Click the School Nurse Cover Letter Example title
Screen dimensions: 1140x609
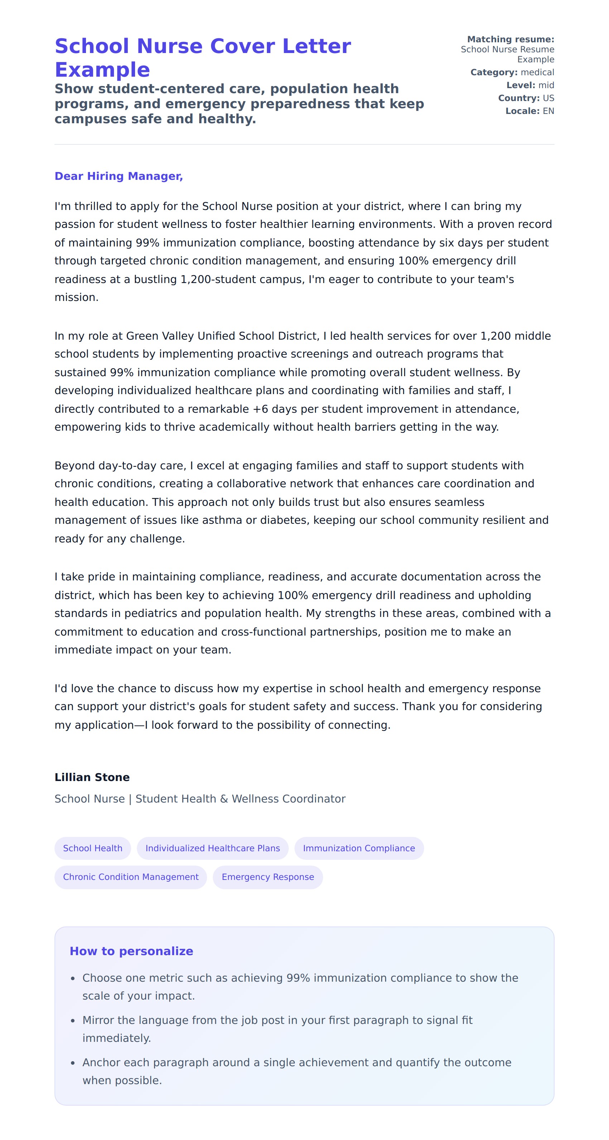(x=203, y=58)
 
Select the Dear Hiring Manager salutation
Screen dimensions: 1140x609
(x=119, y=176)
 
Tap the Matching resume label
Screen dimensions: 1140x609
(x=510, y=39)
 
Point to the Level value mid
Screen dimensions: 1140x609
(x=546, y=85)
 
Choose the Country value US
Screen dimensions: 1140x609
(x=548, y=98)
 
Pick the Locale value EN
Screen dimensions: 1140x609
(x=548, y=111)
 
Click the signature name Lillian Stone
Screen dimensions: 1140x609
(x=92, y=777)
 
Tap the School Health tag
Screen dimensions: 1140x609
(x=92, y=848)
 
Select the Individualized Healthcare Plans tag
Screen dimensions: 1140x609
(x=212, y=848)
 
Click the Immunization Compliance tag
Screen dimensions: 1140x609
(x=359, y=848)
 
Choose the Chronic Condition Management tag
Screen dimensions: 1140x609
(x=130, y=877)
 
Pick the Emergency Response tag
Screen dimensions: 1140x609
(x=268, y=877)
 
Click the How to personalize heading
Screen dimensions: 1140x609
(x=131, y=951)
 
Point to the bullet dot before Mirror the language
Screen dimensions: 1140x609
(x=73, y=1021)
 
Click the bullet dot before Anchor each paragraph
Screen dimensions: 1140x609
(x=73, y=1063)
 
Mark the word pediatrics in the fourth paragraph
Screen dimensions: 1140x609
(x=152, y=613)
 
